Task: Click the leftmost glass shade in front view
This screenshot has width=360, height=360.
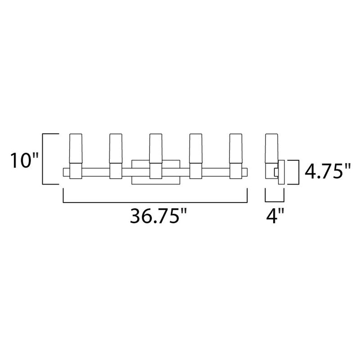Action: click(74, 148)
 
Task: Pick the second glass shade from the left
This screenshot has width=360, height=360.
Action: click(116, 148)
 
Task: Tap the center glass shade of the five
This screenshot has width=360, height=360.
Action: click(156, 148)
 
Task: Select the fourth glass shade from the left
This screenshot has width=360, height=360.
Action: click(196, 148)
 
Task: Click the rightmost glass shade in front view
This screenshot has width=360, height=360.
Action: click(236, 148)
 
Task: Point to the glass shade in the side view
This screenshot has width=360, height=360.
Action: click(270, 148)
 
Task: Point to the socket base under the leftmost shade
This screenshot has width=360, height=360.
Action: click(74, 171)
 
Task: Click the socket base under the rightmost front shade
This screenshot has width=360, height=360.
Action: click(236, 171)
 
